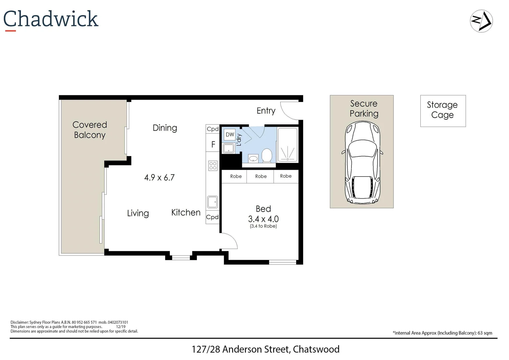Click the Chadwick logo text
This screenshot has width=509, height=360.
click(51, 19)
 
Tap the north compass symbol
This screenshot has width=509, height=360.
click(481, 21)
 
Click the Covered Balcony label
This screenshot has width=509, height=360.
click(90, 130)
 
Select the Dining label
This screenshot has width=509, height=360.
click(165, 128)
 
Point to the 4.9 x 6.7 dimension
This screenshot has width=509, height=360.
click(159, 178)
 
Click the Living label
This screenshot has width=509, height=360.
click(138, 213)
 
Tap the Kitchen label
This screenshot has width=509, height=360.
click(186, 213)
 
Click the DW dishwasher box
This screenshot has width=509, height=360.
click(230, 135)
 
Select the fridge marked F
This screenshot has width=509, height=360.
click(213, 145)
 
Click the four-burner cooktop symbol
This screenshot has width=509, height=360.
click(213, 165)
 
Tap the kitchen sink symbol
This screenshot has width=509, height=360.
click(213, 202)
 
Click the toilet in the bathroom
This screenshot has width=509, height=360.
click(267, 155)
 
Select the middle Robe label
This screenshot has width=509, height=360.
click(261, 176)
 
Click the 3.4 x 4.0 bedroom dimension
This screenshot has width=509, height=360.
click(263, 219)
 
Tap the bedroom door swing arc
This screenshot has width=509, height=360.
click(230, 241)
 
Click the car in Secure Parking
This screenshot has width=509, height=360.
click(362, 163)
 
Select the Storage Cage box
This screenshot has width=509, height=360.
click(443, 111)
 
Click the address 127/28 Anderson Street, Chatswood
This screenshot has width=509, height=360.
click(265, 349)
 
